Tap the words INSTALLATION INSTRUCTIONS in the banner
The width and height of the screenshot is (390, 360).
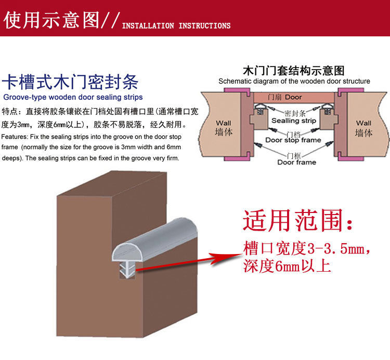coord(176,25)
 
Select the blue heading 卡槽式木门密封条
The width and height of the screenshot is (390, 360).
coord(70,82)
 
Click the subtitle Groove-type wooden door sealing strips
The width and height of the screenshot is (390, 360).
coord(73,97)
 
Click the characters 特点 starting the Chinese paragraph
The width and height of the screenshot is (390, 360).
coord(10,112)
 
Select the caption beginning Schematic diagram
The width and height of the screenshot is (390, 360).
coord(294,81)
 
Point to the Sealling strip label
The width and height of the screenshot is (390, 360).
coord(294,121)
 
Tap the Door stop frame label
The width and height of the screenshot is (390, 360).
coord(293,140)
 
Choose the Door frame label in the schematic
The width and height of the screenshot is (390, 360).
coord(296,162)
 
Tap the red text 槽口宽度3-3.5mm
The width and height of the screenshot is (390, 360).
coord(307,248)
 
